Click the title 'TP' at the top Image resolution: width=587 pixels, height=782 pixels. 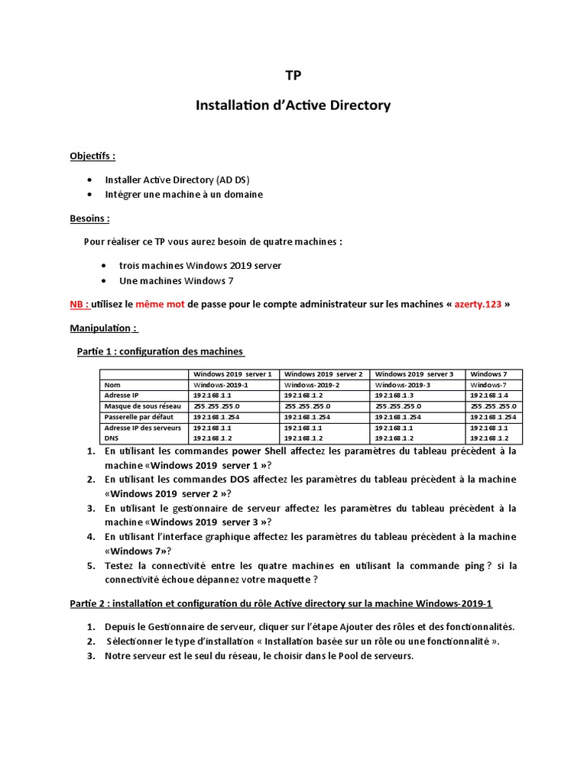point(293,76)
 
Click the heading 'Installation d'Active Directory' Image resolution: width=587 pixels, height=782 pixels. point(293,105)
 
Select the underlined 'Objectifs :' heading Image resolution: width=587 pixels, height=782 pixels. point(92,156)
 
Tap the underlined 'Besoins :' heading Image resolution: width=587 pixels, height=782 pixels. point(89,218)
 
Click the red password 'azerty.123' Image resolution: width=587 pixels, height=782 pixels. point(478,304)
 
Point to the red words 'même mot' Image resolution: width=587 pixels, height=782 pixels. point(161,304)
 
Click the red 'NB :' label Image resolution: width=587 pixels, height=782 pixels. point(79,304)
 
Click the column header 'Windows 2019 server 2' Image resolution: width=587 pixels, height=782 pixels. point(324,374)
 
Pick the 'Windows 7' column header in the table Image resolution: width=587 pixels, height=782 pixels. point(489,374)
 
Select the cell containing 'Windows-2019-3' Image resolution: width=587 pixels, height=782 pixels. point(403,385)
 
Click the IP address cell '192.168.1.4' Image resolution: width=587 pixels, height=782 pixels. point(489,396)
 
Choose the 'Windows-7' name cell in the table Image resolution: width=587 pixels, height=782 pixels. point(488,385)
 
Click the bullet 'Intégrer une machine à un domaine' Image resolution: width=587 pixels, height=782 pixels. point(183,194)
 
